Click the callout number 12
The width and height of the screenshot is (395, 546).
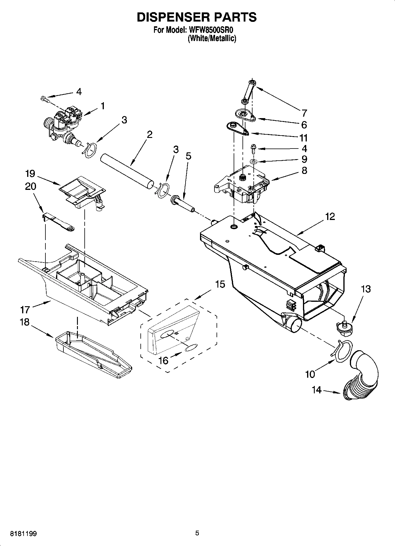[330, 217]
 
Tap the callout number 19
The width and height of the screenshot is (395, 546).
[30, 173]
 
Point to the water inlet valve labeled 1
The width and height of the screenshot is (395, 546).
[63, 124]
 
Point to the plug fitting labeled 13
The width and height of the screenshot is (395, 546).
[344, 328]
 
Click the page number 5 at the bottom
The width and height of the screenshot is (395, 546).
[197, 533]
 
